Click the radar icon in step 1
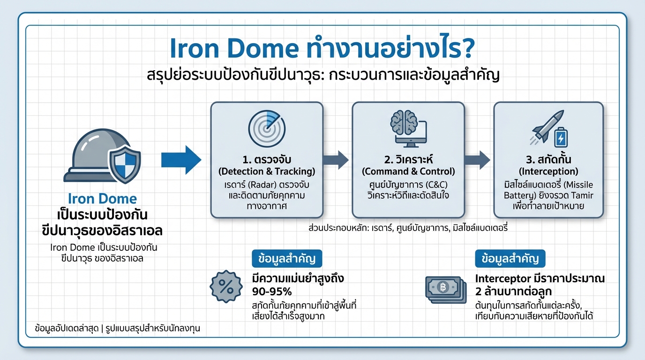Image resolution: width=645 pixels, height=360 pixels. coord(267,127)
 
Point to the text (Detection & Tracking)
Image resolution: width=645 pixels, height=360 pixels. coord(267,172)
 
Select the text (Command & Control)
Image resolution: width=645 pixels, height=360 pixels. coord(408,172)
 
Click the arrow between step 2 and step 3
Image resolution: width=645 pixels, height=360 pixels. coord(479,160)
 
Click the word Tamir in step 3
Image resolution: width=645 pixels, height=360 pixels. coord(583,195)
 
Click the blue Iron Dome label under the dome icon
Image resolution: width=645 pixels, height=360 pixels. coord(102,198)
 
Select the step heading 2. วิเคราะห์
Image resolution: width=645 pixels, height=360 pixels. coord(408,159)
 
